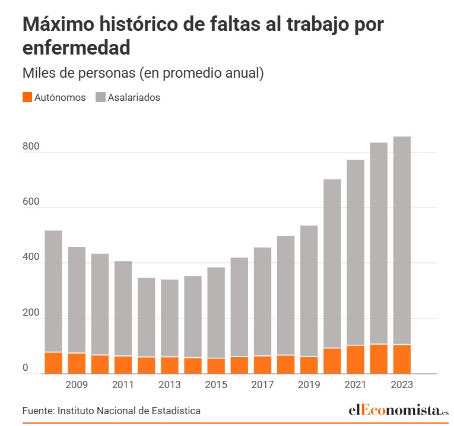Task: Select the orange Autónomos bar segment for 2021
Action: pos(355,360)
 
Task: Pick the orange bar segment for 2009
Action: pos(77,363)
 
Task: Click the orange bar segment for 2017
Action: pos(262,365)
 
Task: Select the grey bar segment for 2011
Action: pos(123,309)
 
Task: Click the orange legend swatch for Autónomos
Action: pos(27,97)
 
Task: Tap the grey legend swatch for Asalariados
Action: pos(100,97)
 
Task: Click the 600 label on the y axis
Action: pos(30,202)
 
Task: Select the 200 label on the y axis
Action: pos(30,313)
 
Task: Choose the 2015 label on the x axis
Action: pos(216,385)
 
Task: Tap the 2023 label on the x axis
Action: pos(402,385)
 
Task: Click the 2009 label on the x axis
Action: pos(77,385)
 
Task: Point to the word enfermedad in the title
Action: pos(76,48)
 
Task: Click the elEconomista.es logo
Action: pos(398,410)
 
